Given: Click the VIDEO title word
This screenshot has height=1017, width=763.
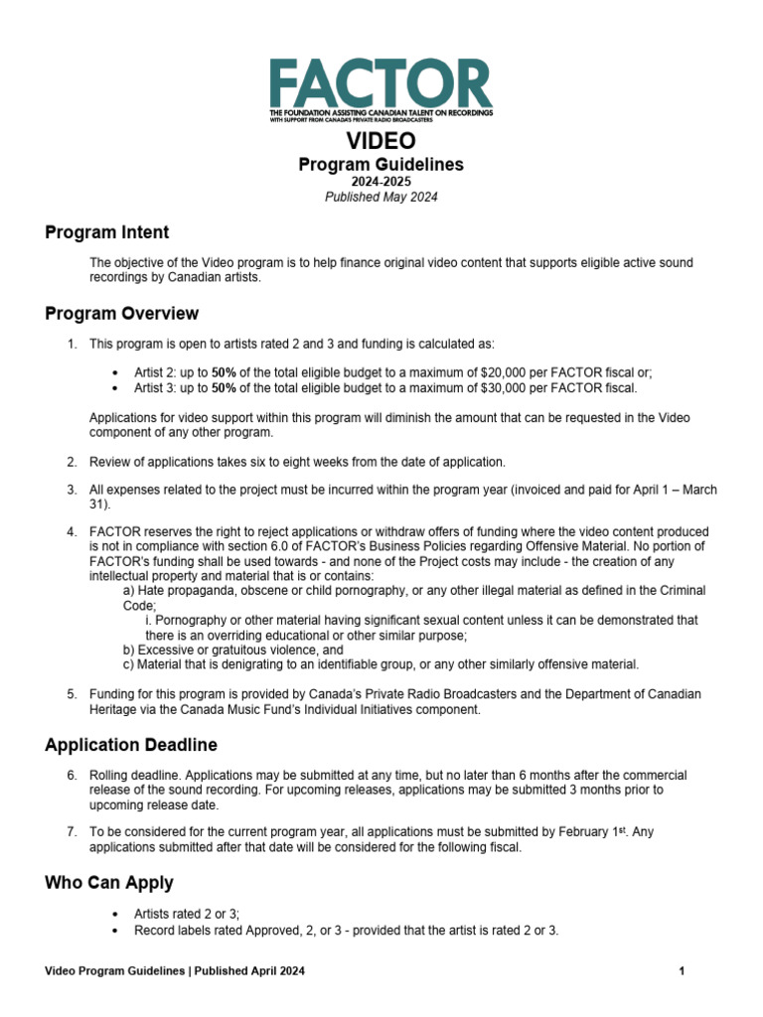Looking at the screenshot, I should coord(381,142).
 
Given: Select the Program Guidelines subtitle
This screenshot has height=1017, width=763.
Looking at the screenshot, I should coord(381,165).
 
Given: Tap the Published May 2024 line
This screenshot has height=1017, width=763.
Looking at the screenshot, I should coord(381,197).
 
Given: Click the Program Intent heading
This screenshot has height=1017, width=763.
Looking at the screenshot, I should coord(107,232).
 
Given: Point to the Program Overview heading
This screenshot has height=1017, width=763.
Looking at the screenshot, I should coord(121,314).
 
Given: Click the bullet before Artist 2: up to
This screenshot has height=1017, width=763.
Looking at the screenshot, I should coord(117,373).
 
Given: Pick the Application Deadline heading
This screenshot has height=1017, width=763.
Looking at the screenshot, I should coord(131,745).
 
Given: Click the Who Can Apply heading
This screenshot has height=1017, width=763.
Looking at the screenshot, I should coord(109,882).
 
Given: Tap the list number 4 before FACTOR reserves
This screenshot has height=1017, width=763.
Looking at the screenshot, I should coord(72,532).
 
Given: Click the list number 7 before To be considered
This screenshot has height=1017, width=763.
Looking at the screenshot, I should coord(72,832).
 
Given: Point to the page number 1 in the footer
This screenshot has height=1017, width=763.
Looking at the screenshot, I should coord(683,971).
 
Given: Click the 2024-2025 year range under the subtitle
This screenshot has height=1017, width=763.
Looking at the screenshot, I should coord(381,182).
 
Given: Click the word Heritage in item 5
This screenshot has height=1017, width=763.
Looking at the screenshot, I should coord(112,710).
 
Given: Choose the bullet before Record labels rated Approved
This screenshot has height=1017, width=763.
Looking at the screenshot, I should coord(117,931).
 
